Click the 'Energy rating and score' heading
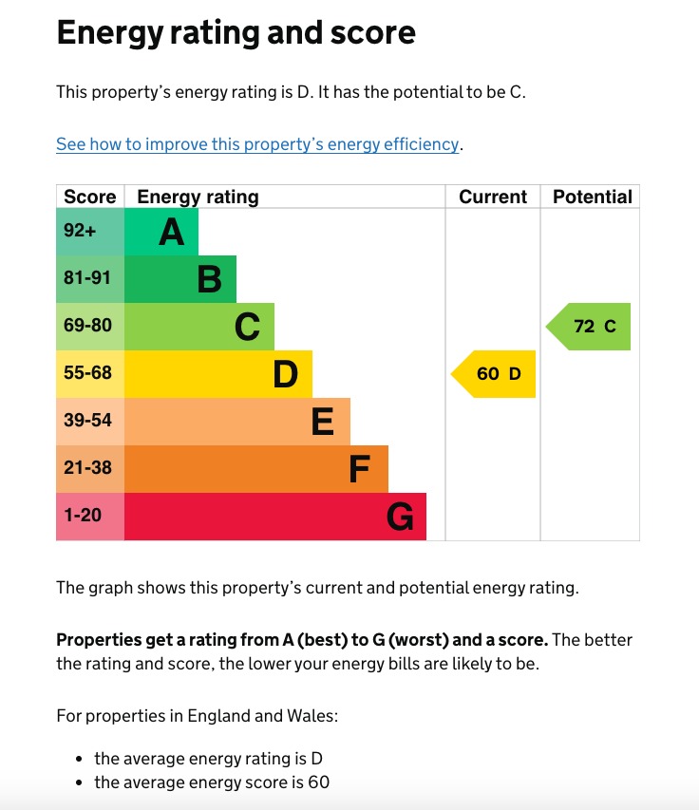[x=236, y=33]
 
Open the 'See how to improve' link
[x=257, y=144]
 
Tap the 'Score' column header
[x=89, y=197]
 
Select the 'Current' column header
[x=492, y=197]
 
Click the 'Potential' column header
[x=592, y=197]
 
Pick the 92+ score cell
[x=81, y=231]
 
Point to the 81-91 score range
[x=87, y=278]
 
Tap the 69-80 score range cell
[x=87, y=326]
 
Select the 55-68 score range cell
[x=87, y=373]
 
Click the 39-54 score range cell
[x=87, y=421]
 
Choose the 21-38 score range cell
[x=87, y=468]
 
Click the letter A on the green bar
[x=171, y=232]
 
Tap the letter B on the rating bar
[x=209, y=279]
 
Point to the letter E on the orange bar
[x=323, y=422]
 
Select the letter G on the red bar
[x=400, y=517]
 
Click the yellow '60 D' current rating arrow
[x=496, y=374]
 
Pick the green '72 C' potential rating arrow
[x=592, y=327]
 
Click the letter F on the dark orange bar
[x=359, y=469]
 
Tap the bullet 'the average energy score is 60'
[x=212, y=782]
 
